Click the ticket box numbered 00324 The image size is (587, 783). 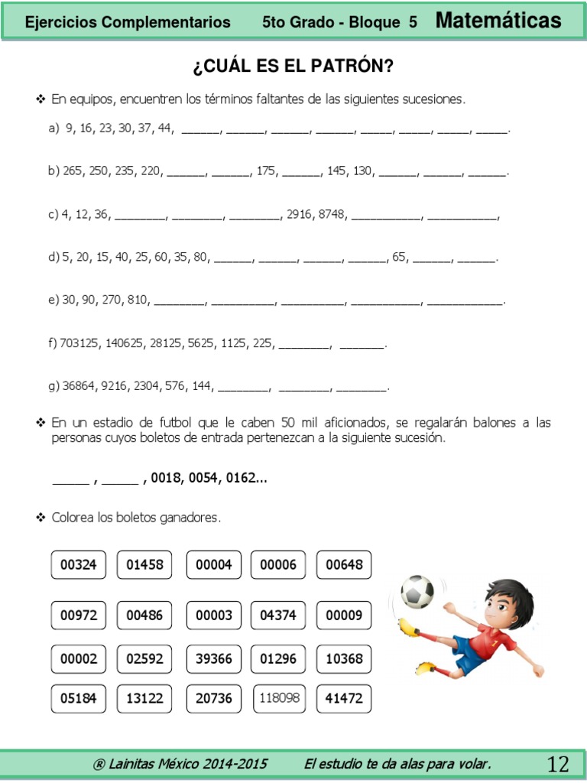(79, 565)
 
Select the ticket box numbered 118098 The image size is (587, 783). (279, 698)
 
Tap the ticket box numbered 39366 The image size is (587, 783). (214, 658)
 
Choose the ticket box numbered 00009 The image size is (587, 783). (344, 615)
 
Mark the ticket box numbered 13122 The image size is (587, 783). (144, 698)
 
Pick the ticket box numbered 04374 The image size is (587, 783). (278, 615)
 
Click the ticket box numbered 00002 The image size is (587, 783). (79, 658)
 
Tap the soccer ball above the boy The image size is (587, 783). (417, 591)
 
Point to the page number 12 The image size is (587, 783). (558, 763)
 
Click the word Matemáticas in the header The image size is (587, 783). (498, 21)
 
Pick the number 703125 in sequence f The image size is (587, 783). (79, 343)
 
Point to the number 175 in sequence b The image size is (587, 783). (266, 171)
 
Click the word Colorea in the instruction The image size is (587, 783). (73, 518)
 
